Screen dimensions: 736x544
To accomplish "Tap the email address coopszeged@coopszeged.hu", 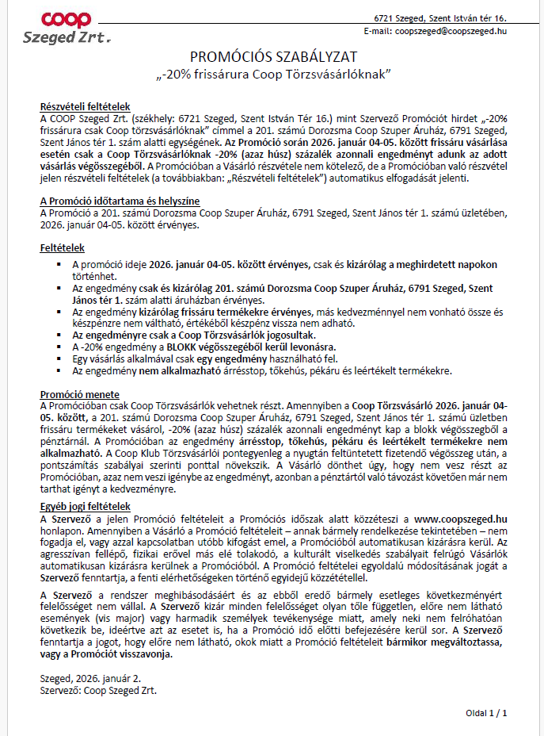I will (x=451, y=30).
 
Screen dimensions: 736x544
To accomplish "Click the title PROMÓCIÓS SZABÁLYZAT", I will (x=274, y=57).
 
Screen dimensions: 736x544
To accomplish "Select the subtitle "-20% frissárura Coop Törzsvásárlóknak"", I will (x=274, y=75).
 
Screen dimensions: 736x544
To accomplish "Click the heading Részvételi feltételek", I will (x=85, y=107).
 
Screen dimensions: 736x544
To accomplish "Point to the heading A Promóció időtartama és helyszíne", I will (x=120, y=201).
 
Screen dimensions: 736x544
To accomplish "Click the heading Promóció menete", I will (x=80, y=394).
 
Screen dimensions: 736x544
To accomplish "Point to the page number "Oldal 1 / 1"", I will (x=486, y=713).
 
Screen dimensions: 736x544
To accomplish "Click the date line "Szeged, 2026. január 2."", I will (x=91, y=678).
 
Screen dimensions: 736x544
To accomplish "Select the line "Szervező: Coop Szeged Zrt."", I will (x=98, y=689).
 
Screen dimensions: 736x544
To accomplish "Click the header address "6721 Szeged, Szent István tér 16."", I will (x=440, y=17).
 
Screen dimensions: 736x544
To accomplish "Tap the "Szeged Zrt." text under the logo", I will (x=67, y=37).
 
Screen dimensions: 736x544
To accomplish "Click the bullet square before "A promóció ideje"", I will (x=60, y=264).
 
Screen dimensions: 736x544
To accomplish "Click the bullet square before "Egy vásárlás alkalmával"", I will (x=60, y=359).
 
